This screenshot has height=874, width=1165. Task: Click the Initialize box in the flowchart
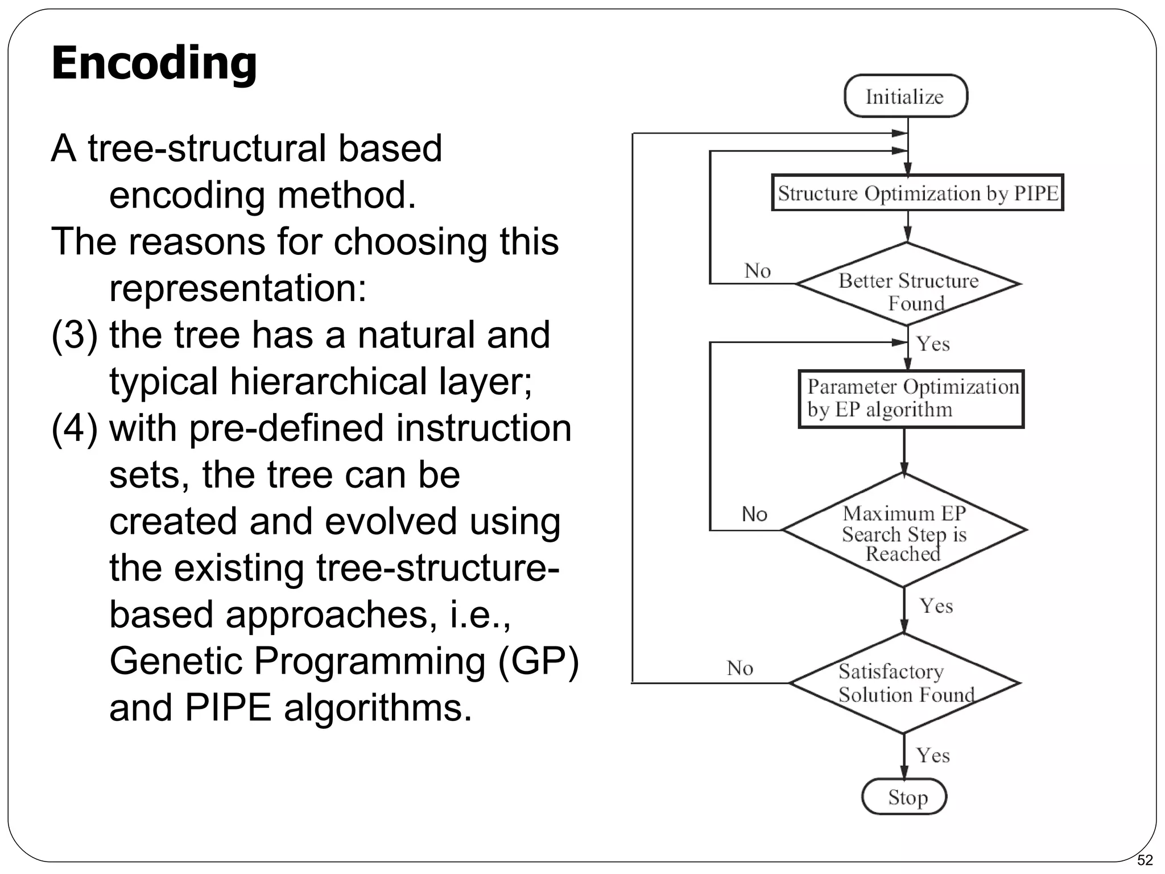click(x=906, y=96)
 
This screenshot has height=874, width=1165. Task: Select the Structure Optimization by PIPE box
click(x=917, y=193)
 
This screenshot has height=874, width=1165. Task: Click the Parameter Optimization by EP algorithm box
click(x=911, y=399)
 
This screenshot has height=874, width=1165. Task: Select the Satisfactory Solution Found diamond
click(x=904, y=683)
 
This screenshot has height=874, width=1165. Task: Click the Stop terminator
click(x=904, y=797)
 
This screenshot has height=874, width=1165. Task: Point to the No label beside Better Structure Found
click(x=757, y=270)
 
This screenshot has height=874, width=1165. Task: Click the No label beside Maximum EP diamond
click(x=754, y=514)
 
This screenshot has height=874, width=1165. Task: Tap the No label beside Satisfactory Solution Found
click(x=740, y=668)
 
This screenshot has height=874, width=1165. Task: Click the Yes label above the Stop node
click(x=933, y=755)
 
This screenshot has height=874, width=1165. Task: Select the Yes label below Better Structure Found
click(x=933, y=344)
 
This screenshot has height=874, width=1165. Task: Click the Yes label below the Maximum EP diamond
click(x=936, y=606)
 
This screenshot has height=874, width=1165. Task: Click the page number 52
click(x=1145, y=860)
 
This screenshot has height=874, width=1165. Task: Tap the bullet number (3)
click(x=75, y=335)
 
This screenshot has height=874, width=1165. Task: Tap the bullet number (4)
click(x=75, y=428)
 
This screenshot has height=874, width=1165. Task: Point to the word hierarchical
click(x=328, y=381)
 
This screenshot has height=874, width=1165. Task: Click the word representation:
click(x=238, y=288)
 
